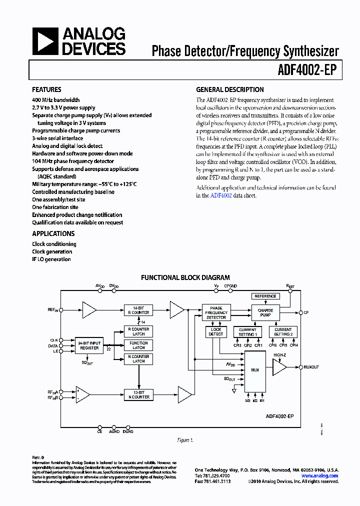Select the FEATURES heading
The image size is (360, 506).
tap(46, 90)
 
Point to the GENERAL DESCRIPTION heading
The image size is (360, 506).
tap(229, 90)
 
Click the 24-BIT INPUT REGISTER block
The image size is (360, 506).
tap(89, 345)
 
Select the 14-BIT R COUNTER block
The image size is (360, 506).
tap(138, 309)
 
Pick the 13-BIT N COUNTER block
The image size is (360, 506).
tap(138, 394)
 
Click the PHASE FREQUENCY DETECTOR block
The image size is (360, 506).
tap(216, 313)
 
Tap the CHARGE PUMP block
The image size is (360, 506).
tap(265, 313)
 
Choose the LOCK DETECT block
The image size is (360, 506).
tap(216, 331)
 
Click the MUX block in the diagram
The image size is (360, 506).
tap(254, 370)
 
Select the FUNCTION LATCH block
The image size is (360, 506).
tap(138, 345)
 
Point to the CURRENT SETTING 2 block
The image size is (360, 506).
tap(283, 331)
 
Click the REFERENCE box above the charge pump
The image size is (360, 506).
tap(265, 296)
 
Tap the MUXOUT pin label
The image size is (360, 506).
tap(311, 367)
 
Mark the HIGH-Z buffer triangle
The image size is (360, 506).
tap(279, 367)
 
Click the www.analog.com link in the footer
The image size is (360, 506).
tap(319, 476)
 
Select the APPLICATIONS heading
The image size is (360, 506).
tap(53, 233)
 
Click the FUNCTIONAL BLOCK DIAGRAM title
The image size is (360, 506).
tap(185, 277)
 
